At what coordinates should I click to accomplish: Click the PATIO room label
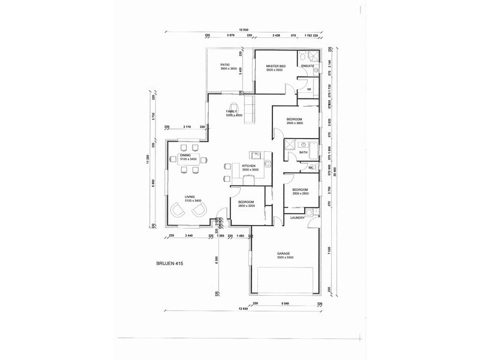[224, 65]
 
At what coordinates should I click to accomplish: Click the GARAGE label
[284, 253]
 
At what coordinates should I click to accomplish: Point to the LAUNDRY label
[297, 218]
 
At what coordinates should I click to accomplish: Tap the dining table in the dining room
[193, 159]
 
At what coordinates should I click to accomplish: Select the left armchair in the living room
[178, 209]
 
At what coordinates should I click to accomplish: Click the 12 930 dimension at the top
[244, 29]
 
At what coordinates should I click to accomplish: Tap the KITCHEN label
[249, 166]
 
